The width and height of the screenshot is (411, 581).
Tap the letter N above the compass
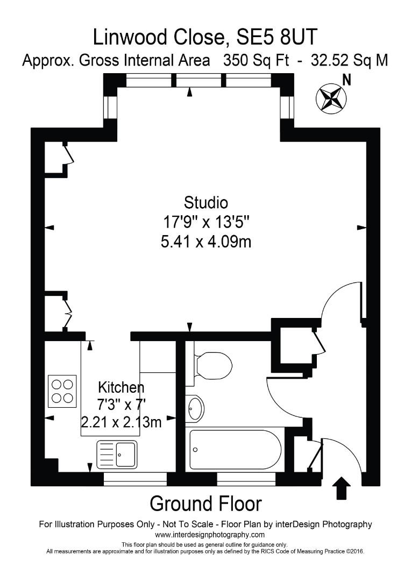pyautogui.click(x=347, y=81)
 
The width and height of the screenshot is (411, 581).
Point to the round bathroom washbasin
pyautogui.click(x=195, y=409)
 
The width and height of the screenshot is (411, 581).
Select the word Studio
pyautogui.click(x=206, y=203)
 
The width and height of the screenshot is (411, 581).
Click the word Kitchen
pyautogui.click(x=121, y=387)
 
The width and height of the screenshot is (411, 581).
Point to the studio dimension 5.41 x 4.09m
pyautogui.click(x=206, y=242)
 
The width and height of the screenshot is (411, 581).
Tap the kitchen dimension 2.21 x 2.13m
pyautogui.click(x=121, y=422)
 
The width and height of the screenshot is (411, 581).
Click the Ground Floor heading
pyautogui.click(x=205, y=504)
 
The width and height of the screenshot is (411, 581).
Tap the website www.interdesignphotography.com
pyautogui.click(x=210, y=535)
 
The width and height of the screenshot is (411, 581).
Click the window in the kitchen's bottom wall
pyautogui.click(x=135, y=479)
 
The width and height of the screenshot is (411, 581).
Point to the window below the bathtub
pyautogui.click(x=246, y=479)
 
